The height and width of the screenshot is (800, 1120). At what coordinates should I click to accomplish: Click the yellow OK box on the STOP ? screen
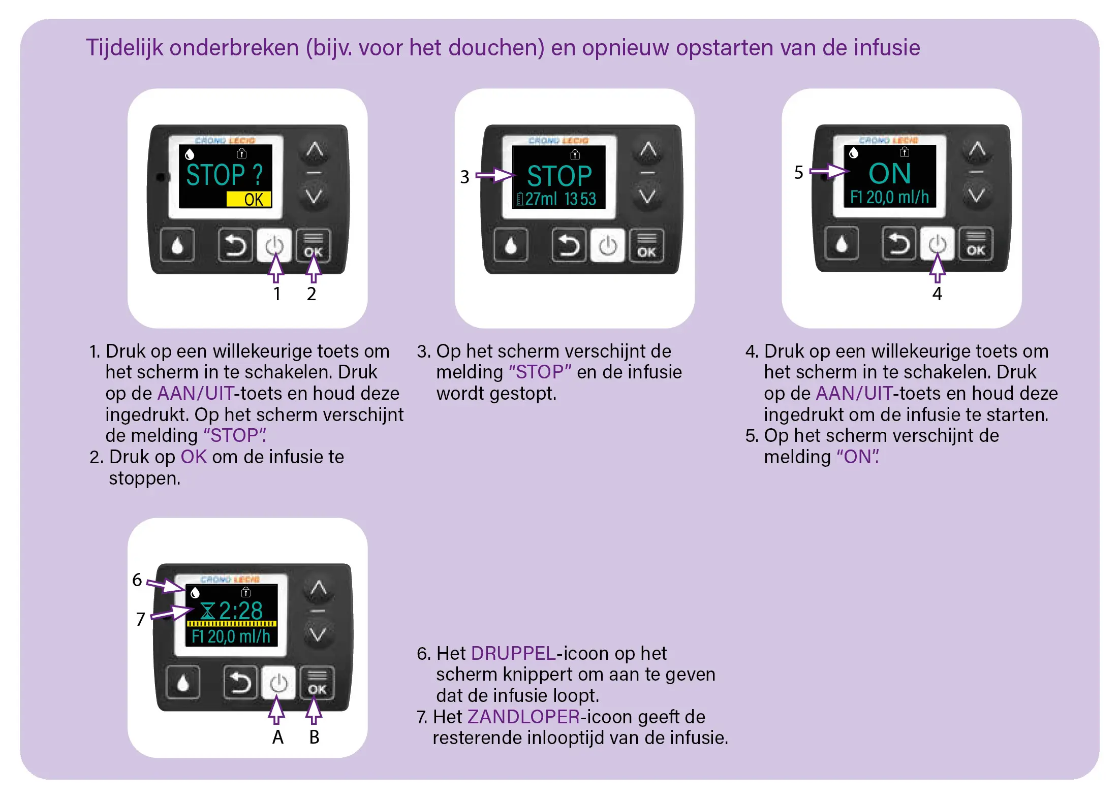(x=248, y=199)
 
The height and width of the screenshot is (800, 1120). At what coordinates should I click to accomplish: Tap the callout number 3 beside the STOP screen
(x=464, y=177)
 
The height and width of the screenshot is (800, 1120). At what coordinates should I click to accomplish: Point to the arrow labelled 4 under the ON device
(x=937, y=268)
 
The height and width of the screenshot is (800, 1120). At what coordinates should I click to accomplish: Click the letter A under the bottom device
(x=277, y=737)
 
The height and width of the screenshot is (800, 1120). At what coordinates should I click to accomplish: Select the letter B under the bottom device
(x=314, y=737)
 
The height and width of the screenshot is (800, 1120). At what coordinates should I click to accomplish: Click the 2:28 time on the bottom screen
(x=241, y=610)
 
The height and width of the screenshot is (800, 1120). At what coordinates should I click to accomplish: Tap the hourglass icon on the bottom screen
(x=207, y=611)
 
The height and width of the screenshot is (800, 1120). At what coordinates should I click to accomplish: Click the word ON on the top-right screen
(x=889, y=174)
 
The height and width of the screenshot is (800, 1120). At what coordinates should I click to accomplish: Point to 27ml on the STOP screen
(x=541, y=199)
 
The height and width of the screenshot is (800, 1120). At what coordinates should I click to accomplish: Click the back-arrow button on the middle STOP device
(x=569, y=245)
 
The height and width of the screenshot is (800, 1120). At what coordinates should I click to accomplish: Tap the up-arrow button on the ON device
(x=977, y=149)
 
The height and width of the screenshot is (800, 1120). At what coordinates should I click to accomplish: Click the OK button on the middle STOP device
(x=646, y=246)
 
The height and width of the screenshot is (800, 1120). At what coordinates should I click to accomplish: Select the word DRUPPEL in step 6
(x=513, y=653)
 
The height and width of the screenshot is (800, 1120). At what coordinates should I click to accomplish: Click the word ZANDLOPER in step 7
(x=523, y=717)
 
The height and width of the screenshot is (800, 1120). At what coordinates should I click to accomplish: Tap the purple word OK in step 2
(x=194, y=457)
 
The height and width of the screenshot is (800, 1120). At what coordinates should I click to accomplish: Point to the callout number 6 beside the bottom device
(x=137, y=580)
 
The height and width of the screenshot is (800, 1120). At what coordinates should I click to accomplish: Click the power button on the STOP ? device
(x=274, y=246)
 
